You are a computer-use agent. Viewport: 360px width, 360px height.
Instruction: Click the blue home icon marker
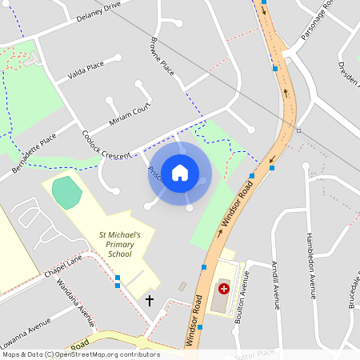(180, 173)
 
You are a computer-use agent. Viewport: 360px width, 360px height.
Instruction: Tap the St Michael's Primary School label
(119, 244)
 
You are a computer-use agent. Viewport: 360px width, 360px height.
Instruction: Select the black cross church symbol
(149, 301)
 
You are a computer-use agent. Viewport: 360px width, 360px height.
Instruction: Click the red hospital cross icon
(223, 288)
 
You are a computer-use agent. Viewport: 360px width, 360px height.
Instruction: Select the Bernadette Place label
(34, 154)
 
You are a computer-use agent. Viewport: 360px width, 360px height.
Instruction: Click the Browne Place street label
(162, 56)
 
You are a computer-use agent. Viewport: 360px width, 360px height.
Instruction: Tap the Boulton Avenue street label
(246, 296)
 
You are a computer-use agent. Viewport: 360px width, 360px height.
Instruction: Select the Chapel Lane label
(63, 266)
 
